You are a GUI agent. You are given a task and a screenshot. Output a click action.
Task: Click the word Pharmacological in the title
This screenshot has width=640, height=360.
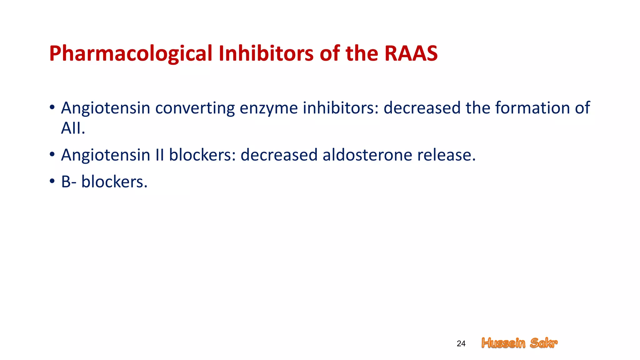pyautogui.click(x=131, y=54)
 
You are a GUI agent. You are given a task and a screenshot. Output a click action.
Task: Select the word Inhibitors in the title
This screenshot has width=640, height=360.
pyautogui.click(x=266, y=54)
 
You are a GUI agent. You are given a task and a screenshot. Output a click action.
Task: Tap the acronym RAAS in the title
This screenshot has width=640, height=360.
pyautogui.click(x=411, y=54)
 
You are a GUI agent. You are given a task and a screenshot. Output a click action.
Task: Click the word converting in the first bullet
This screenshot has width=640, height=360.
pyautogui.click(x=195, y=108)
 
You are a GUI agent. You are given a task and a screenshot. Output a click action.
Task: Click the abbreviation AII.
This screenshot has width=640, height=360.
pyautogui.click(x=73, y=128)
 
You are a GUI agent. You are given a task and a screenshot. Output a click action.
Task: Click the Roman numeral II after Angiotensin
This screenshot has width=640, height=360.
pyautogui.click(x=160, y=155)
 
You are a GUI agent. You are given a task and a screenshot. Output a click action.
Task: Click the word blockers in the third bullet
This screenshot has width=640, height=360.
pyautogui.click(x=114, y=182)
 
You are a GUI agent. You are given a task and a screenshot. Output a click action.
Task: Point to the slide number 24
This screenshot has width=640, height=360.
pyautogui.click(x=461, y=344)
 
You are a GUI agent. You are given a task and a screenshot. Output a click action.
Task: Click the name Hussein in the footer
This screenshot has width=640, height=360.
pyautogui.click(x=503, y=343)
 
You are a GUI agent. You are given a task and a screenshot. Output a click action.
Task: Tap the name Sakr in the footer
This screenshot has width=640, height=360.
pyautogui.click(x=544, y=343)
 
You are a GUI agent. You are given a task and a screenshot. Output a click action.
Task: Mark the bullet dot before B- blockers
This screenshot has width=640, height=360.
pyautogui.click(x=52, y=181)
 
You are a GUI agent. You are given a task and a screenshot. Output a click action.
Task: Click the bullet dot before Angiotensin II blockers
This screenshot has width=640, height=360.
pyautogui.click(x=52, y=154)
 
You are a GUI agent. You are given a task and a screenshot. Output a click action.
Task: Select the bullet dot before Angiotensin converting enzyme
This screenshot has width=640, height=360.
pyautogui.click(x=52, y=107)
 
